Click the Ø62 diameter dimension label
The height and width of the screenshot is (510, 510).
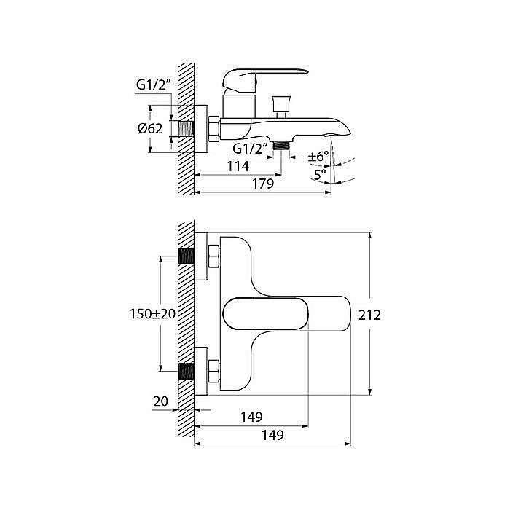coord(150,128)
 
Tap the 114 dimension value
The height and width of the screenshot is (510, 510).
coord(238,166)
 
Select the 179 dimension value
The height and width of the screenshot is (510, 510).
coord(263,184)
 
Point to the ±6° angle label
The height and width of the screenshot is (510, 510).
coord(318,157)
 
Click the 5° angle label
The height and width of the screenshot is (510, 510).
coord(320,175)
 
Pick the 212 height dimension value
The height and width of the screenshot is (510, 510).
coord(369,315)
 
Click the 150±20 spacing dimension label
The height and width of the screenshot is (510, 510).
coord(152,314)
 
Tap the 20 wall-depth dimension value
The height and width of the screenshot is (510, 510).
coord(161,401)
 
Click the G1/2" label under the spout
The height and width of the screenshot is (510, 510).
coord(250,149)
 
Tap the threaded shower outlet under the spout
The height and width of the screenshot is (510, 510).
coord(282,145)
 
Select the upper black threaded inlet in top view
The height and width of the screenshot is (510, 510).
coord(187,256)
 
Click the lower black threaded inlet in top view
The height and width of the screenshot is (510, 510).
coord(187,371)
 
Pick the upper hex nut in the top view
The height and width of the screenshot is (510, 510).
coord(213,256)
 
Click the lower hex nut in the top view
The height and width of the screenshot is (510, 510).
coord(213,371)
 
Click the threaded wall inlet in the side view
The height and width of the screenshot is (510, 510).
coord(187,129)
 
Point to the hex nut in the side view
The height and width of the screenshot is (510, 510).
coord(213,129)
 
